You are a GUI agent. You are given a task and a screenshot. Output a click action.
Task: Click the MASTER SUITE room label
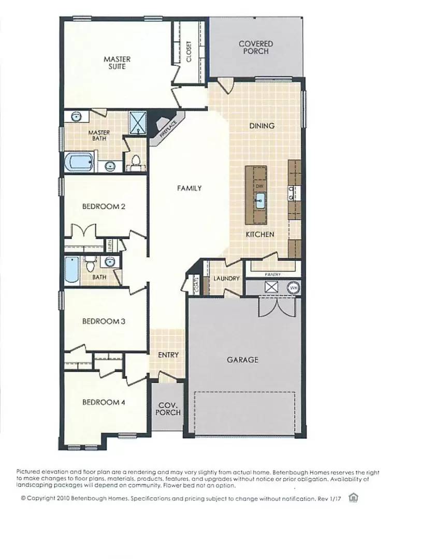(117, 63)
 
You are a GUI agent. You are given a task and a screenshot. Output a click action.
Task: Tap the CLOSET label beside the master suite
(188, 52)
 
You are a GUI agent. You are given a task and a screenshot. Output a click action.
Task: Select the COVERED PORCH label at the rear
(256, 48)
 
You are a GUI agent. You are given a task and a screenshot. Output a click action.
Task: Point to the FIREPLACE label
(168, 127)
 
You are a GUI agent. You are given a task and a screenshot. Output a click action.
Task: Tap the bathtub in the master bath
(79, 162)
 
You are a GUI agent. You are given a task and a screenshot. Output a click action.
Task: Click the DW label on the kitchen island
(259, 185)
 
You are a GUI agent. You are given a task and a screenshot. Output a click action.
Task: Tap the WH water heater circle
(293, 287)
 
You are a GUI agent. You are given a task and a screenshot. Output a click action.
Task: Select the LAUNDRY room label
(227, 278)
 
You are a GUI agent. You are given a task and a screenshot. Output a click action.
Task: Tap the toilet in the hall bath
(91, 264)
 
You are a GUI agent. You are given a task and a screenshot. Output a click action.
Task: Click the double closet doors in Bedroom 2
(83, 230)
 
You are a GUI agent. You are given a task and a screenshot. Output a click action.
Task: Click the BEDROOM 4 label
(104, 402)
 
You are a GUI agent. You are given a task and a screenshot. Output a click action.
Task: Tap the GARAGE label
(242, 359)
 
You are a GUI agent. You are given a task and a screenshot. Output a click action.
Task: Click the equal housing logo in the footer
(354, 497)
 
